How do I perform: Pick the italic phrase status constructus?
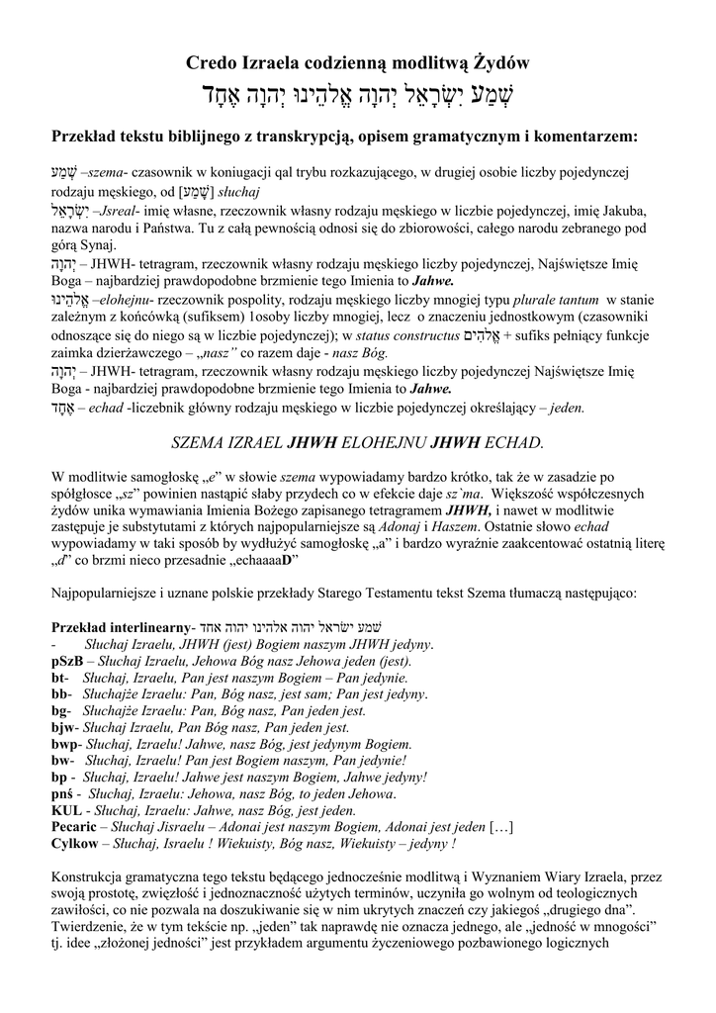[x=412, y=335]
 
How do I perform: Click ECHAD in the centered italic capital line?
[x=510, y=439]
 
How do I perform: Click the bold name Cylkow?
[x=74, y=844]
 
